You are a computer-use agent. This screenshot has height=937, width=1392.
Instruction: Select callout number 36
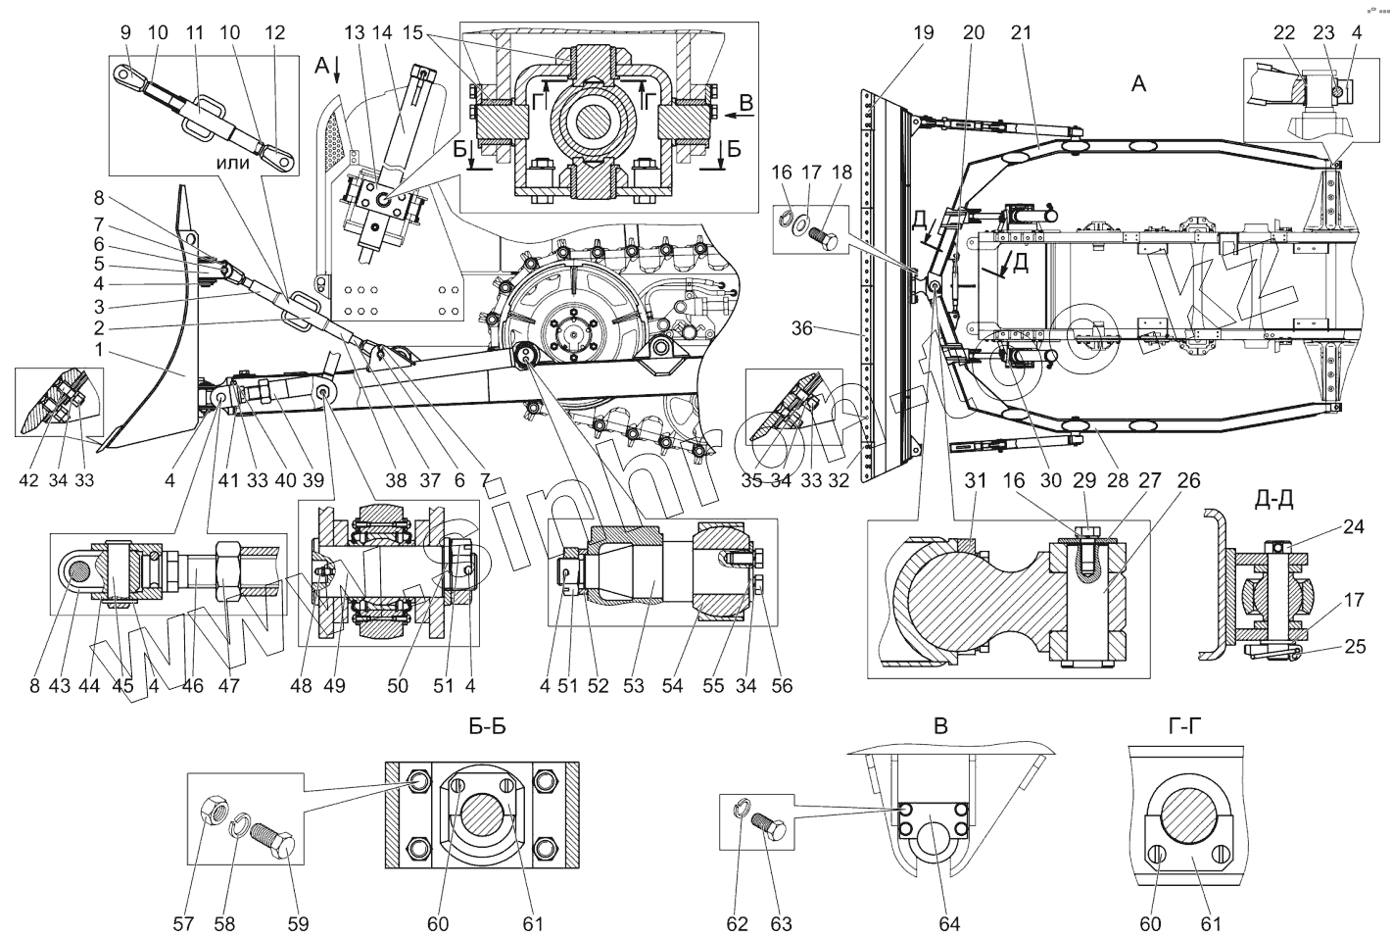click(802, 328)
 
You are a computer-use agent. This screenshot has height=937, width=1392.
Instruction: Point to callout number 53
click(634, 685)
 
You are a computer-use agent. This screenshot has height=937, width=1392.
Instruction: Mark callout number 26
click(1188, 480)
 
